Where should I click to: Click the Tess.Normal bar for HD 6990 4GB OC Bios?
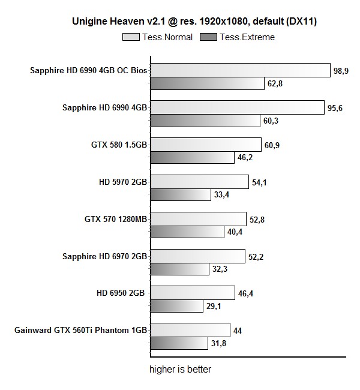[239, 70]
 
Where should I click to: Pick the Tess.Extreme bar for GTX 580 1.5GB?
[191, 158]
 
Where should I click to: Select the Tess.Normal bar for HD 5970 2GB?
[199, 182]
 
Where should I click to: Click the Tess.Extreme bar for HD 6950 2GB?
[176, 306]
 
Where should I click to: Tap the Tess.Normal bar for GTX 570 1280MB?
[197, 219]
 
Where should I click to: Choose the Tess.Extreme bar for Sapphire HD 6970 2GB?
[179, 269]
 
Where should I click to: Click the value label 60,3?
[271, 121]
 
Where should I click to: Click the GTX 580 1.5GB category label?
[116, 145]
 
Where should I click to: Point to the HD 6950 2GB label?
[120, 293]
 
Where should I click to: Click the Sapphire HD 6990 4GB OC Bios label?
[88, 70]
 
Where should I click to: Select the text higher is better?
[180, 369]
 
